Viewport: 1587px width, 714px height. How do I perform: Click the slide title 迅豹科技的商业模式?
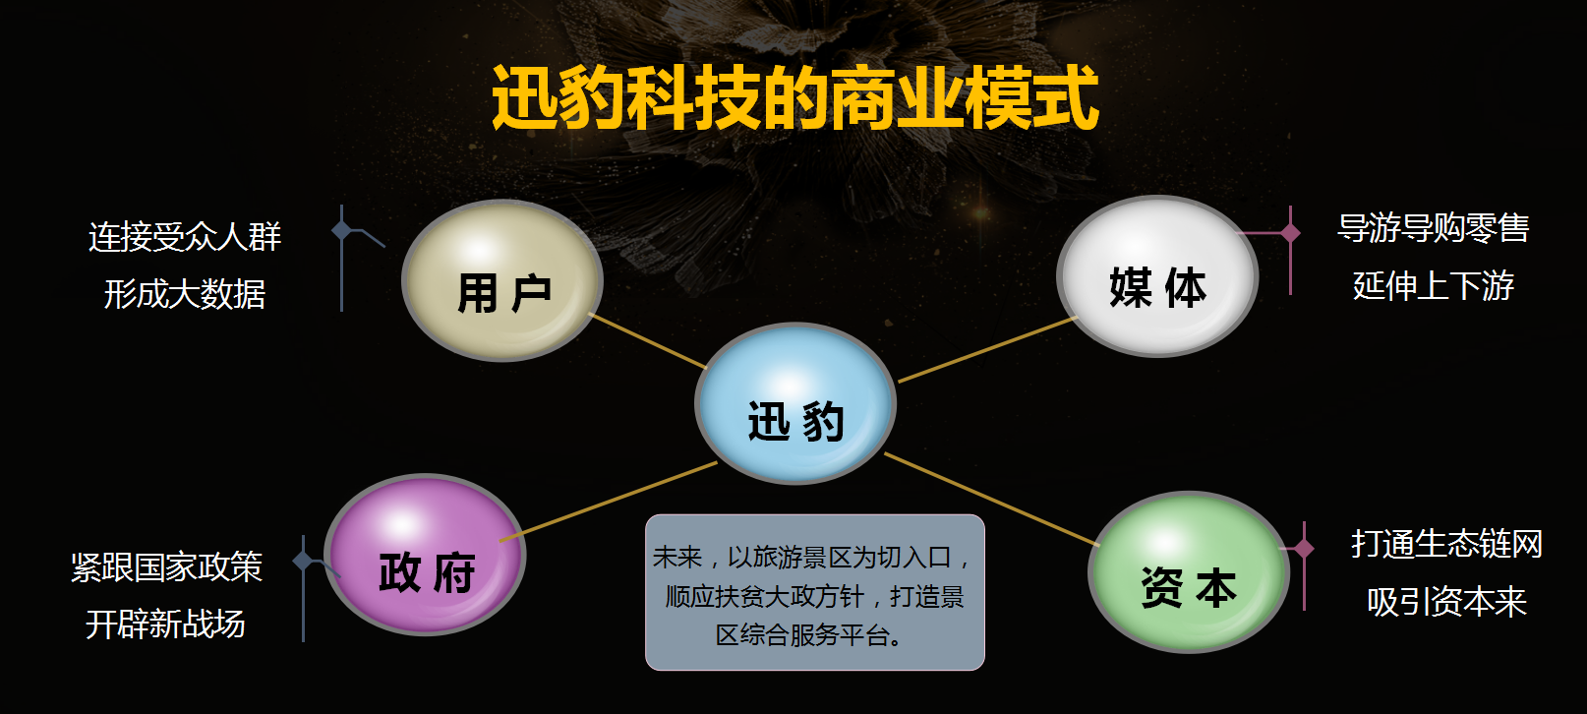pyautogui.click(x=794, y=97)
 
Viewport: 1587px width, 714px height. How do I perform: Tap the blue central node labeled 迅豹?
pyautogui.click(x=795, y=404)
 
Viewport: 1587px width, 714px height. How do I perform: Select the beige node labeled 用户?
pyautogui.click(x=502, y=280)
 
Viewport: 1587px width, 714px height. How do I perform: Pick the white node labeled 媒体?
pyautogui.click(x=1157, y=276)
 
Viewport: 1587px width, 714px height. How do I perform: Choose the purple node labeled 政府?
pyautogui.click(x=425, y=555)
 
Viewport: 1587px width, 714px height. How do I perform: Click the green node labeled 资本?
pyautogui.click(x=1189, y=572)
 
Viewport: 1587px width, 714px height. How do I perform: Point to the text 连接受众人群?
pyautogui.click(x=185, y=236)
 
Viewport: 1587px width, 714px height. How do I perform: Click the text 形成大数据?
pyautogui.click(x=185, y=293)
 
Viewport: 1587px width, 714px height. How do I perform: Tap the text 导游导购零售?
pyautogui.click(x=1434, y=228)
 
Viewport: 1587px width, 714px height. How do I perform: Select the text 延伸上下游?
pyautogui.click(x=1434, y=285)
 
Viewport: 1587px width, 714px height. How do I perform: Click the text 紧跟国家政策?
pyautogui.click(x=166, y=566)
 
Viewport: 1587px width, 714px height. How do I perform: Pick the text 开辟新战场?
pyautogui.click(x=166, y=625)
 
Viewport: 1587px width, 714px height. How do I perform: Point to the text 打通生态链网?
pyautogui.click(x=1446, y=544)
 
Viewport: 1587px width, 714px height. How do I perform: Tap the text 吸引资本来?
pyautogui.click(x=1446, y=602)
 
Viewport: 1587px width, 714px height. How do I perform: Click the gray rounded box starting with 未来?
pyautogui.click(x=815, y=592)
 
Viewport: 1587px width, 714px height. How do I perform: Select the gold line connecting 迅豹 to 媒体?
pyautogui.click(x=988, y=349)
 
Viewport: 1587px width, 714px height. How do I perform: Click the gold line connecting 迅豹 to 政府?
pyautogui.click(x=609, y=502)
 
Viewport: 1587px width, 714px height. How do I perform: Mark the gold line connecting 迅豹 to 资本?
pyautogui.click(x=992, y=500)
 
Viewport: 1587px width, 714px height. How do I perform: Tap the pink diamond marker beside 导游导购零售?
pyautogui.click(x=1290, y=232)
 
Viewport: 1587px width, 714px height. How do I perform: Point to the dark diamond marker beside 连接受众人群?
pyautogui.click(x=341, y=229)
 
